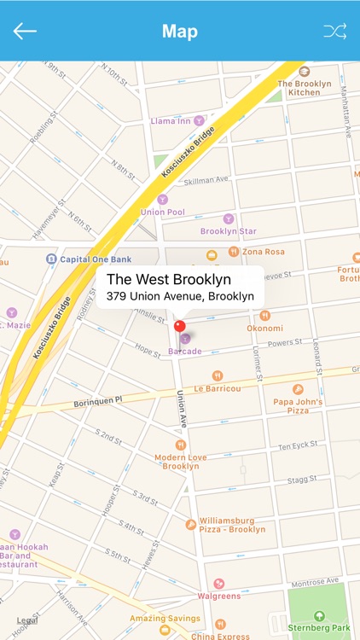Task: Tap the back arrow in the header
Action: [25, 32]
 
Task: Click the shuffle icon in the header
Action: [334, 32]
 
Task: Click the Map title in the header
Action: [180, 32]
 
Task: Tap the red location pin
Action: [179, 326]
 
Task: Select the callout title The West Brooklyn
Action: [168, 280]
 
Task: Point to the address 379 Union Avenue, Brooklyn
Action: [180, 296]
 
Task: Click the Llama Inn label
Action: [171, 121]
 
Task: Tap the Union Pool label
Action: [162, 211]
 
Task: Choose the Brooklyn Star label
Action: [228, 230]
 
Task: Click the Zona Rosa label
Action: [263, 253]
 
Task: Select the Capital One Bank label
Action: [95, 259]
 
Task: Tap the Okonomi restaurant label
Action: [264, 328]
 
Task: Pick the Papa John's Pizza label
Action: [297, 404]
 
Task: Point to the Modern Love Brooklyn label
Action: [181, 462]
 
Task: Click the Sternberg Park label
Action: [319, 627]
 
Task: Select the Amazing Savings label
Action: [165, 618]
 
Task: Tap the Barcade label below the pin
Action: [184, 351]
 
